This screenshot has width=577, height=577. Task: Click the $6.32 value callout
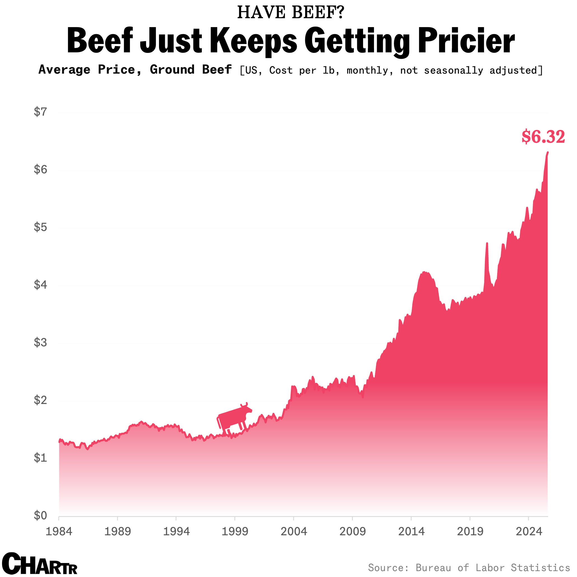pyautogui.click(x=543, y=137)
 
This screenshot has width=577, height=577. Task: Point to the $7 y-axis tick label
pyautogui.click(x=41, y=112)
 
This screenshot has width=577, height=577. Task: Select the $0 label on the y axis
pyautogui.click(x=41, y=515)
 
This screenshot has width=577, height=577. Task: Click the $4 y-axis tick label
pyautogui.click(x=41, y=285)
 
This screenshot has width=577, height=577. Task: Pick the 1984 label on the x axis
pyautogui.click(x=59, y=532)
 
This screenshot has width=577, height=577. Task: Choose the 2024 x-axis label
pyautogui.click(x=529, y=532)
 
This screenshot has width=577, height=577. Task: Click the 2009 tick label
pyautogui.click(x=352, y=532)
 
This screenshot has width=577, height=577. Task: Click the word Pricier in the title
pyautogui.click(x=466, y=41)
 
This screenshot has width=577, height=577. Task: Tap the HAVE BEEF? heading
pyautogui.click(x=291, y=13)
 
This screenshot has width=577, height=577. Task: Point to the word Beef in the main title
pyautogui.click(x=100, y=41)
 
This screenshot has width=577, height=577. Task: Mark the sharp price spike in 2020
pyautogui.click(x=487, y=244)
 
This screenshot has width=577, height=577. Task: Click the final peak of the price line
pyautogui.click(x=547, y=152)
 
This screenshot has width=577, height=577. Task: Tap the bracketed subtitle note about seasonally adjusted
pyautogui.click(x=391, y=71)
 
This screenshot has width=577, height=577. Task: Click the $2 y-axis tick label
pyautogui.click(x=41, y=400)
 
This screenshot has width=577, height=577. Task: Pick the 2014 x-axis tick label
pyautogui.click(x=411, y=532)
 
